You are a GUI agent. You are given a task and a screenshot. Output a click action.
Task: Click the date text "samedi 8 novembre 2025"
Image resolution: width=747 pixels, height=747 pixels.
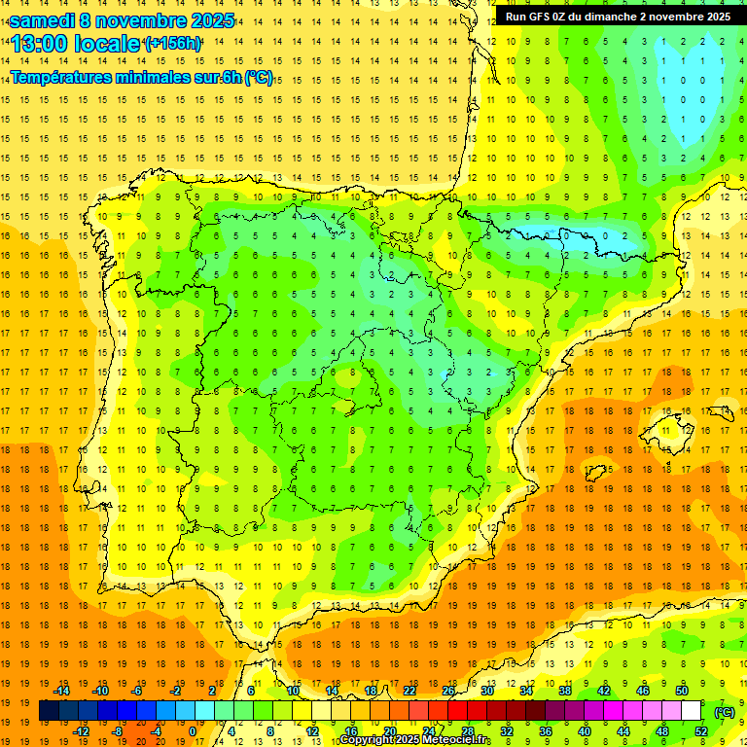tap(122, 20)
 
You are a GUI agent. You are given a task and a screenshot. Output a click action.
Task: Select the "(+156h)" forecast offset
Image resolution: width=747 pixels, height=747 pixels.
tap(172, 44)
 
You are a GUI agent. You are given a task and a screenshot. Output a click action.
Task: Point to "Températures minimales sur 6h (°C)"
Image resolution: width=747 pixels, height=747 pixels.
tap(142, 78)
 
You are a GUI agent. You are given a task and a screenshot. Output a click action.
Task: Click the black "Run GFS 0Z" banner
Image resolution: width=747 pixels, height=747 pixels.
tap(619, 16)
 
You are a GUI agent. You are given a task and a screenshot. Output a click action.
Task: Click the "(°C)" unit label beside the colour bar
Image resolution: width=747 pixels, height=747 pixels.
tap(726, 712)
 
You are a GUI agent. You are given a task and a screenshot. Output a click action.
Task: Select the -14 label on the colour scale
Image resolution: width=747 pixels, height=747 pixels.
tap(62, 691)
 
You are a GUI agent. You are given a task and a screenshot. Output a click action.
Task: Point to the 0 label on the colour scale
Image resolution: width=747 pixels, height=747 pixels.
tap(193, 731)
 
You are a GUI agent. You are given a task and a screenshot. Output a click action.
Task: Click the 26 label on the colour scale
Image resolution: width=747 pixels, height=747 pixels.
tap(448, 691)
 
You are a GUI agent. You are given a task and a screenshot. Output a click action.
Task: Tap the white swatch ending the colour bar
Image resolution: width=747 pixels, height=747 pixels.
tap(691, 711)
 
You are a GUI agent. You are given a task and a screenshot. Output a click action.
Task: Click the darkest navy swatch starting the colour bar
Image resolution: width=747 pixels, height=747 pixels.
tap(49, 711)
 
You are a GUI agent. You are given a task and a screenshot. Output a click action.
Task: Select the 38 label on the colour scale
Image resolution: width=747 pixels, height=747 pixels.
tap(565, 691)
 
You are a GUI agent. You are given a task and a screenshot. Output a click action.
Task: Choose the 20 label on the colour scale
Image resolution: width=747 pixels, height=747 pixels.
tap(389, 731)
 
